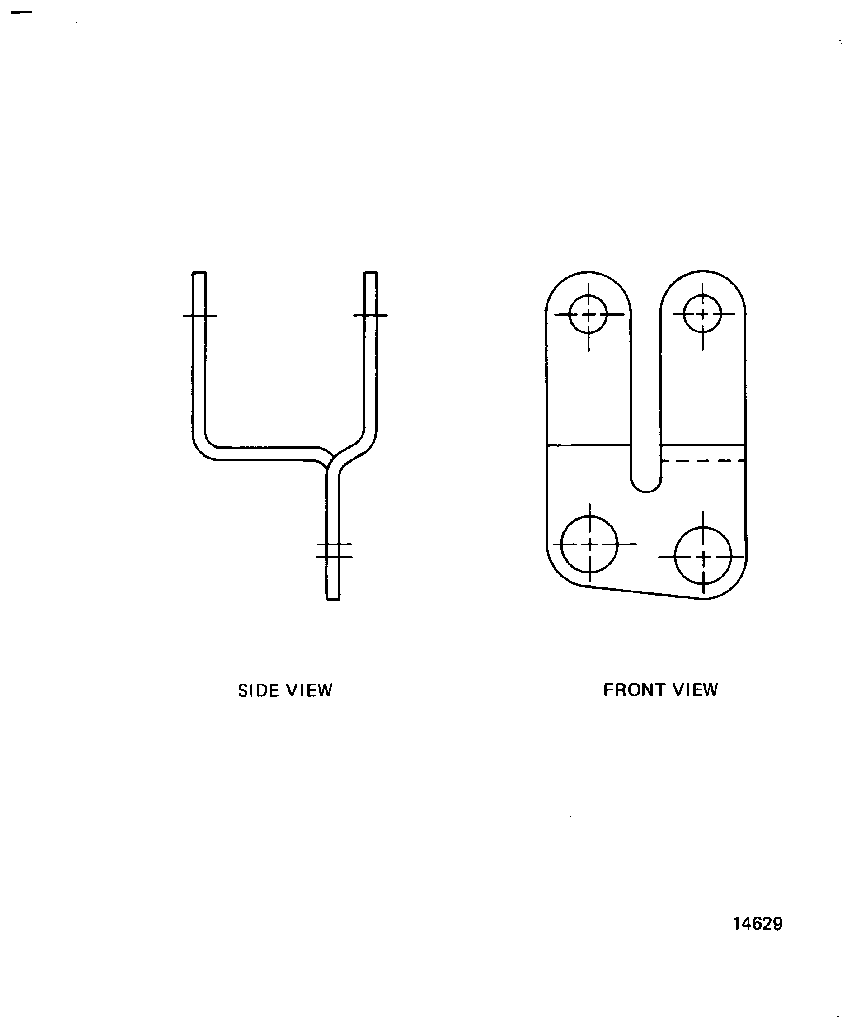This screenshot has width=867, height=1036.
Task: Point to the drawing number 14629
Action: pyautogui.click(x=757, y=924)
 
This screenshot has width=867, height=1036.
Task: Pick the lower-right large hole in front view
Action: pyautogui.click(x=703, y=556)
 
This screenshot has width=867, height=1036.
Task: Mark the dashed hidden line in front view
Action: pyautogui.click(x=703, y=461)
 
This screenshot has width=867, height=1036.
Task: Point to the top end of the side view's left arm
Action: pyautogui.click(x=199, y=273)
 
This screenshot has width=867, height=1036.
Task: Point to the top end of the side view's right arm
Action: pyautogui.click(x=371, y=273)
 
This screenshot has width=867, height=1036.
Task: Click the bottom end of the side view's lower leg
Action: pyautogui.click(x=333, y=599)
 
